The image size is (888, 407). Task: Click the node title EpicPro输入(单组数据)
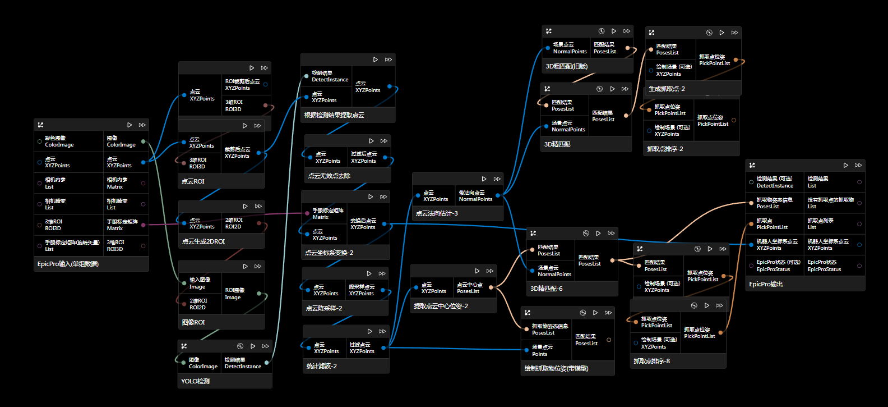pos(68,264)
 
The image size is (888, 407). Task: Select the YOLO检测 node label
pos(196,381)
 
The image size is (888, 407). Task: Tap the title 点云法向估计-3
pos(437,213)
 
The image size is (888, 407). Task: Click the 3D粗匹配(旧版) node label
pos(567,66)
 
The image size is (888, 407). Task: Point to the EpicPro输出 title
pos(766,284)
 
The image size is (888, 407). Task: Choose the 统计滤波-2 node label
pos(322,366)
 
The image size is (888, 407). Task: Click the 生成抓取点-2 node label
pos(667,89)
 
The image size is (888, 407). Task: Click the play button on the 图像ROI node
pos(245,266)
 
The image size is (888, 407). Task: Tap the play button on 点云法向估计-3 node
pos(484,179)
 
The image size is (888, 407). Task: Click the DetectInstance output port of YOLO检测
pos(267,363)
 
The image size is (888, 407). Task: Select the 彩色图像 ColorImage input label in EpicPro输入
pos(59,141)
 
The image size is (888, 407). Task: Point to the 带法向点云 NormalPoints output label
pos(475,195)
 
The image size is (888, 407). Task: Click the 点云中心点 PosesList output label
pos(469,288)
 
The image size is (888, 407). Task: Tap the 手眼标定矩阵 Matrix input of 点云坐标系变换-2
pos(327,213)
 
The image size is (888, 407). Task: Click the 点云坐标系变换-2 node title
pos(329,253)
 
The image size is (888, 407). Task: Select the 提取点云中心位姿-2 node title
pos(441,306)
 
